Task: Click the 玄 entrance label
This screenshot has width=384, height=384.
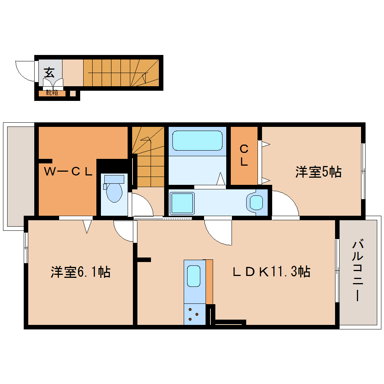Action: tap(49, 72)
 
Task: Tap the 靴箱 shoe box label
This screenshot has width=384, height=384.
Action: tap(52, 93)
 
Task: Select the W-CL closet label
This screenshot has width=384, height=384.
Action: tap(68, 172)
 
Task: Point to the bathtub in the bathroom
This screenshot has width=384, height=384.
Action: tap(197, 140)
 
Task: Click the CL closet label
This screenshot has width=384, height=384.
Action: tap(244, 155)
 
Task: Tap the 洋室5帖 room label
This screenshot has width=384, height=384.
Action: tap(318, 172)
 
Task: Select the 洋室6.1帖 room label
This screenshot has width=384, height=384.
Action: tap(80, 272)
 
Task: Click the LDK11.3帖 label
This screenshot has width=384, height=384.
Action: tap(271, 271)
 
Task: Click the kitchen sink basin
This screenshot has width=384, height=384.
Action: tap(194, 276)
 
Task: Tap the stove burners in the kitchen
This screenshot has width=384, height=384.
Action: tap(194, 314)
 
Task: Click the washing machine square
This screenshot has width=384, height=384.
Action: tap(182, 203)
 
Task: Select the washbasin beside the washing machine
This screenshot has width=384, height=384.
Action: tap(256, 203)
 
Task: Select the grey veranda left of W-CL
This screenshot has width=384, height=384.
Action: tap(20, 176)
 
